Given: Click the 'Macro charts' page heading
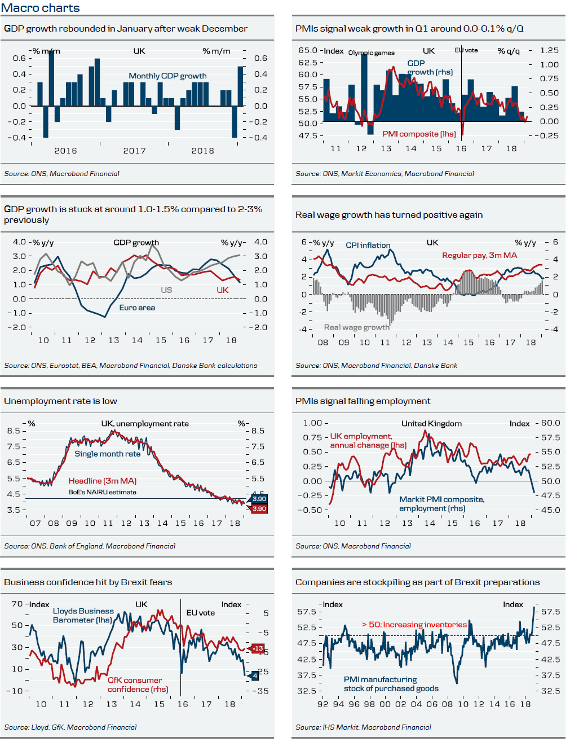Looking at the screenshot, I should pos(41,8).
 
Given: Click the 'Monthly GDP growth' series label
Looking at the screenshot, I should pos(167,76).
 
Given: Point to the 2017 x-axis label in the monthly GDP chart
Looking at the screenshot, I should pos(134,151).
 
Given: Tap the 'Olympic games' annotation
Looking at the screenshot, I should pos(371,52).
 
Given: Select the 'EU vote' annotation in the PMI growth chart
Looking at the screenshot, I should pos(466,50).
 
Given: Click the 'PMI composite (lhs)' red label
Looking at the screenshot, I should pos(419,134).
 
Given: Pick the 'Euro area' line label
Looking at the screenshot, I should pos(137,308).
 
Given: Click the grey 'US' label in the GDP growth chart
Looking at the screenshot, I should pos(166,290).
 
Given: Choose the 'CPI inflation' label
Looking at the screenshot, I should pos(368,245).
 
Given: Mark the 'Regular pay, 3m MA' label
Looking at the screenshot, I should pos(479,255).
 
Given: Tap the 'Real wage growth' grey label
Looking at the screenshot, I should pos(356,327).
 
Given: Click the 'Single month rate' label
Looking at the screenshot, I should pos(107,454).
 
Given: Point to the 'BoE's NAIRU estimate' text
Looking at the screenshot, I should pos(102,492).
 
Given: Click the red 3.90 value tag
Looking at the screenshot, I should pos(259,508).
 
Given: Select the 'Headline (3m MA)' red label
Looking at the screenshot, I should pos(103,481).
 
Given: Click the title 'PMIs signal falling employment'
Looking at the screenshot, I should pos(363,401).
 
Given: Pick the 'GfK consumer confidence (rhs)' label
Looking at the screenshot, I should pos(137,684).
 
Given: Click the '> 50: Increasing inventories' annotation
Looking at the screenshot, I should pos(414,625).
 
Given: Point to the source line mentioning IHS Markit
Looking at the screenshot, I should pos(363,727).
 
